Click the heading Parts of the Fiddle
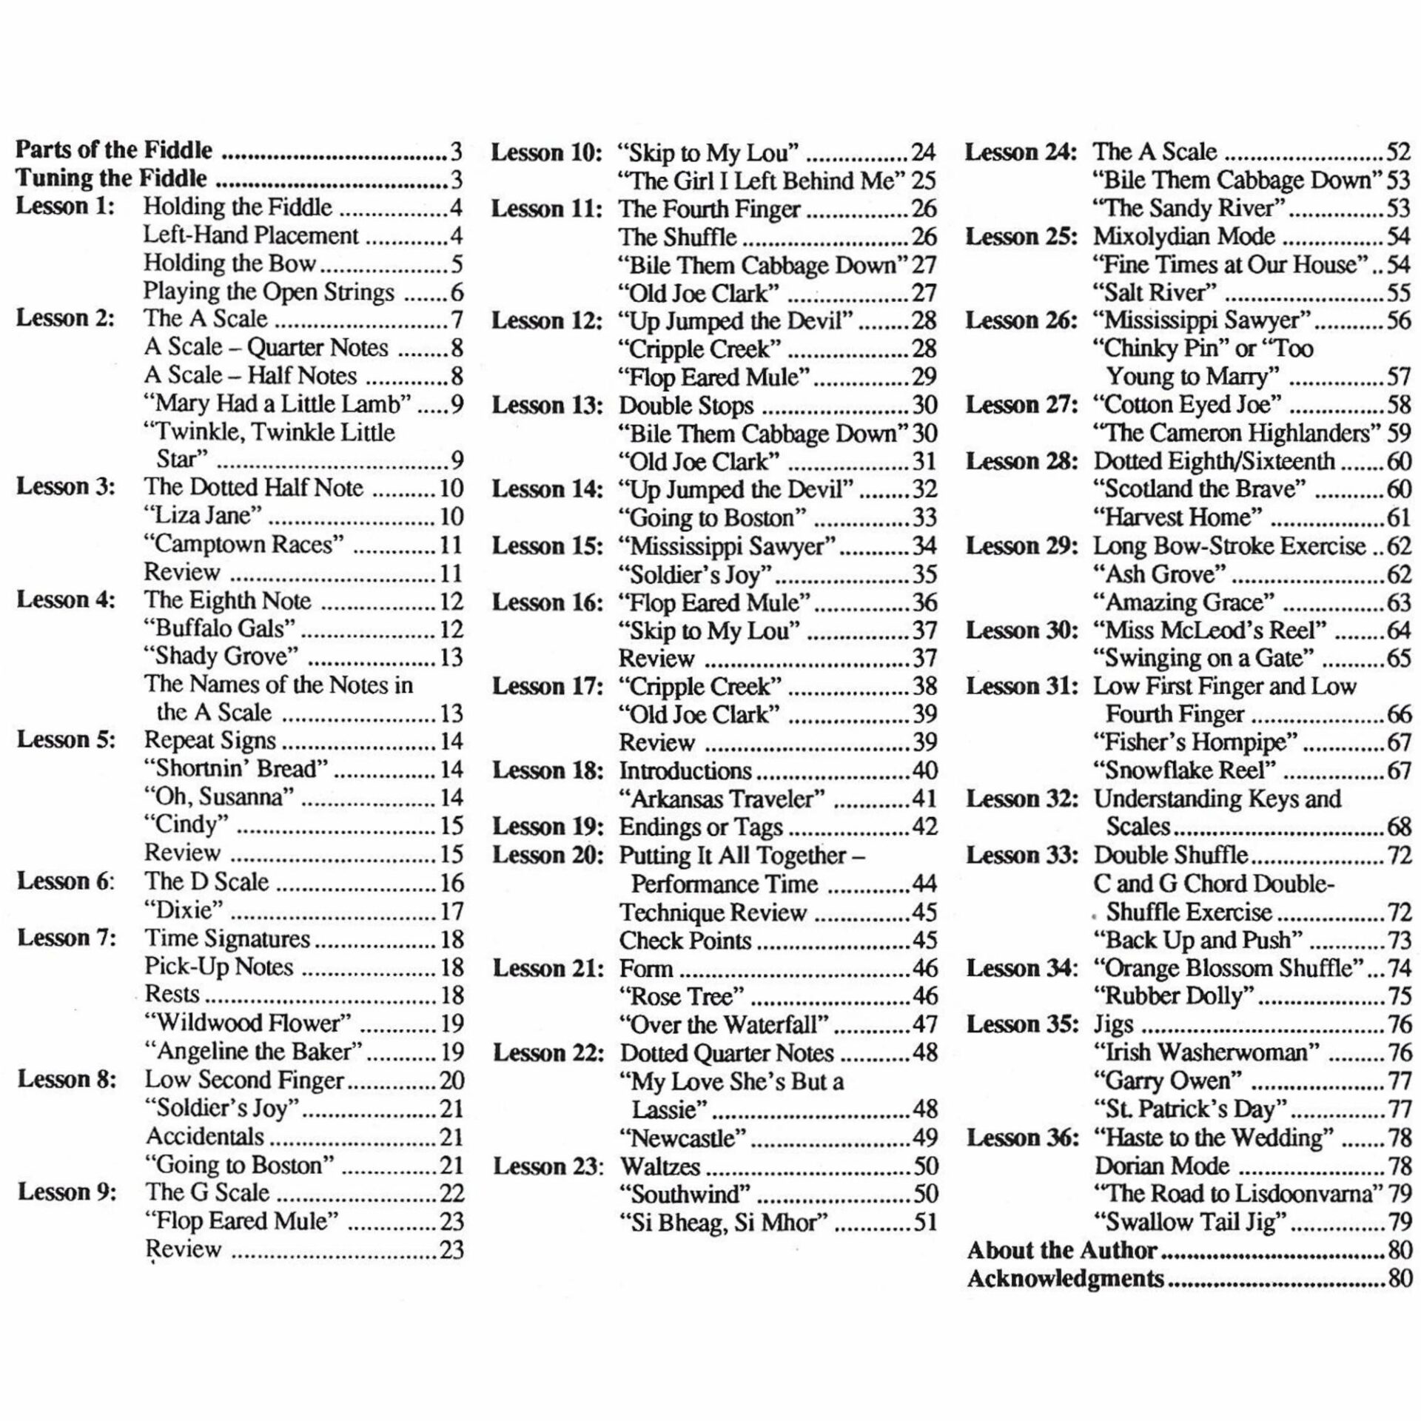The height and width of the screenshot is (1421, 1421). point(114,150)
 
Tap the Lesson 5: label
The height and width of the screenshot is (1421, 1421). point(67,739)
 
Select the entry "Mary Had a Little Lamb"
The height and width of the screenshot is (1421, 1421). point(277,403)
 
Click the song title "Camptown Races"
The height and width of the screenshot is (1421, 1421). point(243,544)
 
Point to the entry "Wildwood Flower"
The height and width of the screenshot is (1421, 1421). point(247,1023)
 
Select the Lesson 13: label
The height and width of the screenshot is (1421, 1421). point(547,406)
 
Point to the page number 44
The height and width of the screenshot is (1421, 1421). point(924,884)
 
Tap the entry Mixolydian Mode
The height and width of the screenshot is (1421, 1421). point(1184,236)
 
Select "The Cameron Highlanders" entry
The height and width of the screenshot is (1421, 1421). point(1237,433)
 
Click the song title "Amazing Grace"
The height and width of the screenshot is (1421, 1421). point(1184,602)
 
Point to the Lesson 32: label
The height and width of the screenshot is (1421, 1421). point(1021,799)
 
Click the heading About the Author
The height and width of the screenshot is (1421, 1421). point(1061,1250)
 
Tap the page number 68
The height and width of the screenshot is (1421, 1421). point(1399,827)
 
